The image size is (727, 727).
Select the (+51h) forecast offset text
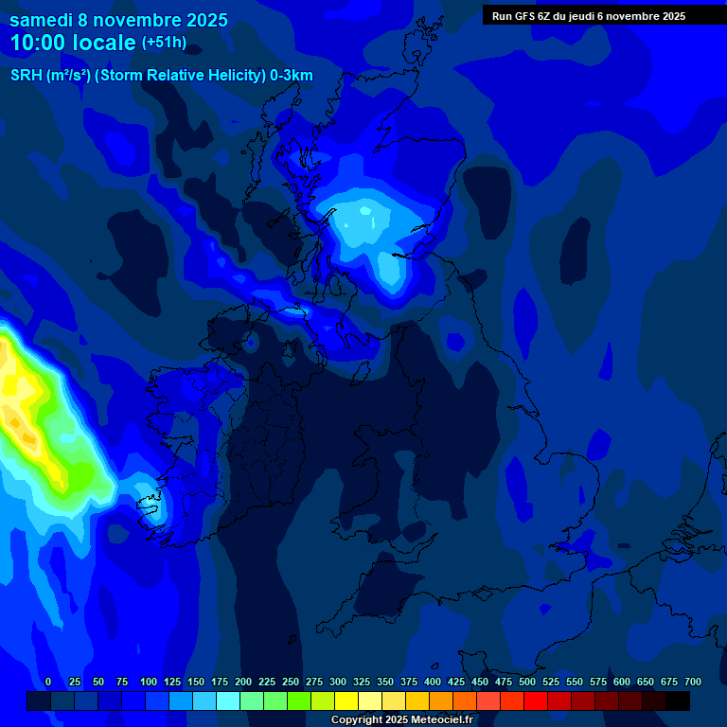point(164,43)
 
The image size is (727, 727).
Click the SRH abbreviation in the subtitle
point(27,76)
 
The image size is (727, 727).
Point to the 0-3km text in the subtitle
point(292,76)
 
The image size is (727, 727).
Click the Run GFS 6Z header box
point(589,16)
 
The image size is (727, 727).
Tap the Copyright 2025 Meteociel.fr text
point(402,719)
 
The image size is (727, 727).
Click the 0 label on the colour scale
point(48,683)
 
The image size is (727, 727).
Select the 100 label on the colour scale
point(148,683)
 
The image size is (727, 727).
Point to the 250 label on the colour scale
point(290,683)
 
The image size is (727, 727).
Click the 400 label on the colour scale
point(432,683)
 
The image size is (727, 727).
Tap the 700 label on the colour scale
point(692,683)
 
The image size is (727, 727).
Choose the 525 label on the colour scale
point(550,683)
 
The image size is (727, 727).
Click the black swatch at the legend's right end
point(678,700)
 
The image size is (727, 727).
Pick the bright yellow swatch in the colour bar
point(346,700)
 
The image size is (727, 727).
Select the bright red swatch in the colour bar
point(536,700)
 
